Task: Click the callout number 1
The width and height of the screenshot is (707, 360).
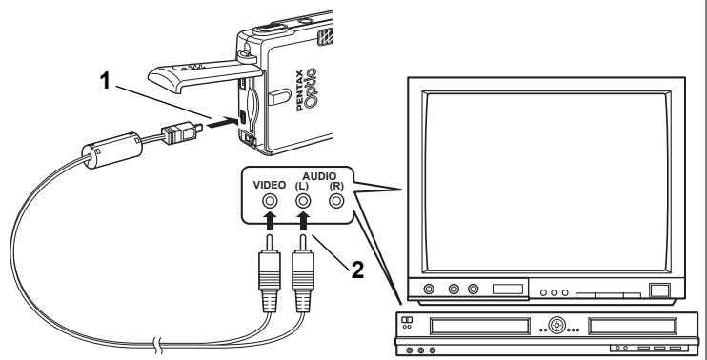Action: (105, 81)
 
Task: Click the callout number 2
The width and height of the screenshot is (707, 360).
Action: (357, 270)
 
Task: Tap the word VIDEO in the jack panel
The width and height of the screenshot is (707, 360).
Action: (270, 185)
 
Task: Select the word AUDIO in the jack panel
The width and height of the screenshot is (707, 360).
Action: (319, 176)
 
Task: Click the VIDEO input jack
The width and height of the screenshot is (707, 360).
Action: (270, 201)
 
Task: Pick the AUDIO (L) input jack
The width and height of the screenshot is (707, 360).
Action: (303, 201)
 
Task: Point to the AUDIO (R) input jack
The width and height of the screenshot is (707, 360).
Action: (336, 201)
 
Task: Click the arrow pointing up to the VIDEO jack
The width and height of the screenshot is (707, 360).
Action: (270, 222)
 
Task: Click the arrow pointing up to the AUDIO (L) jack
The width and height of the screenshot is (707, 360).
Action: (303, 222)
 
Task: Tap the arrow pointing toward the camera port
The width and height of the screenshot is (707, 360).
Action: (222, 122)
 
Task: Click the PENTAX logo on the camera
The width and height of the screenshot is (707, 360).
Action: (300, 94)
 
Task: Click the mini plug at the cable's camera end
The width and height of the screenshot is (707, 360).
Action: (181, 133)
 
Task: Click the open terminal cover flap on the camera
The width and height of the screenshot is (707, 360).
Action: (205, 74)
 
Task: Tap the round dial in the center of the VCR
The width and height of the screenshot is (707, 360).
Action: (556, 325)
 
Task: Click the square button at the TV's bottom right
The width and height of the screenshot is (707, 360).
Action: (659, 290)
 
